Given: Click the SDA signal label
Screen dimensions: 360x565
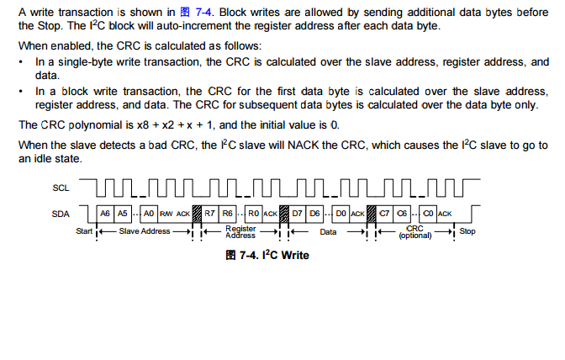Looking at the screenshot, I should pyautogui.click(x=61, y=214).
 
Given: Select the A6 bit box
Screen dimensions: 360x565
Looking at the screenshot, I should pyautogui.click(x=105, y=214).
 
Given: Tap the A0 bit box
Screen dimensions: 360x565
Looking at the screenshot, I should pyautogui.click(x=150, y=214).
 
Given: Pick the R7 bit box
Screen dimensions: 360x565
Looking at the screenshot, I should pyautogui.click(x=210, y=214).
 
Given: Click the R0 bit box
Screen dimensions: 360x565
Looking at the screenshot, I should pyautogui.click(x=254, y=214).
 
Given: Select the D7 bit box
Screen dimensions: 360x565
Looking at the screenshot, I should pyautogui.click(x=298, y=214).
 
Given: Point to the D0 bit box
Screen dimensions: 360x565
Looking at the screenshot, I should pyautogui.click(x=341, y=214).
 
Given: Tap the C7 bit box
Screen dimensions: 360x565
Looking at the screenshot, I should pyautogui.click(x=385, y=214).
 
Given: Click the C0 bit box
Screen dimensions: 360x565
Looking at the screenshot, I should pyautogui.click(x=429, y=214).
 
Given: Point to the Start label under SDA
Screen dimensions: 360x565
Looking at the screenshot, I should pyautogui.click(x=84, y=231).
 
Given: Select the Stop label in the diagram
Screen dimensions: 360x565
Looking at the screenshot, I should pyautogui.click(x=467, y=231).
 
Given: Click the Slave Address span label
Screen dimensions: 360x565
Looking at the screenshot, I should pyautogui.click(x=144, y=231).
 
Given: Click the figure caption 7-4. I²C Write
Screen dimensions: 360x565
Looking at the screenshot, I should pyautogui.click(x=267, y=255).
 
